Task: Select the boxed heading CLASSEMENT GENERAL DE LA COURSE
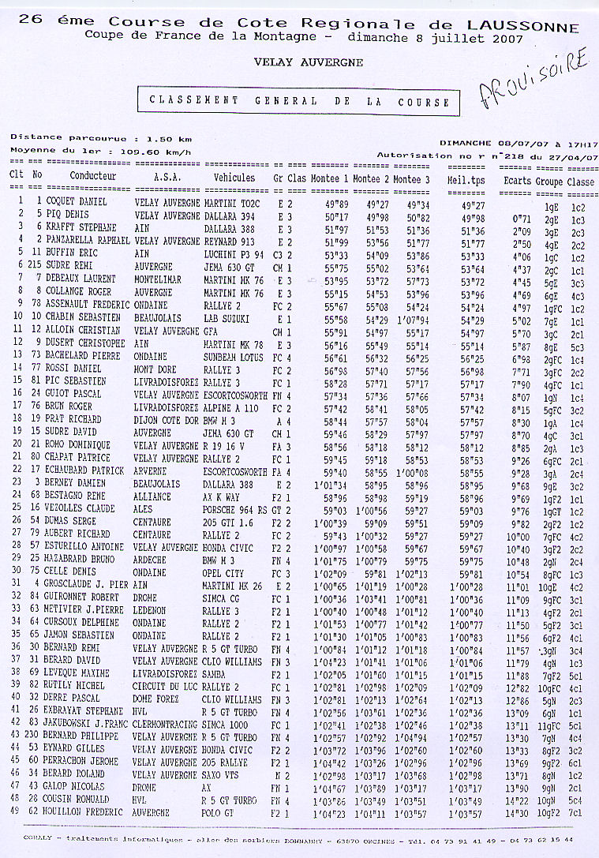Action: coord(300,101)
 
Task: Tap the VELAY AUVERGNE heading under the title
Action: coord(309,61)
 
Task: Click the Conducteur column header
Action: coord(93,178)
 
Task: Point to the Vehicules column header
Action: coord(234,178)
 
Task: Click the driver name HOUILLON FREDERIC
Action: coord(84,812)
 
